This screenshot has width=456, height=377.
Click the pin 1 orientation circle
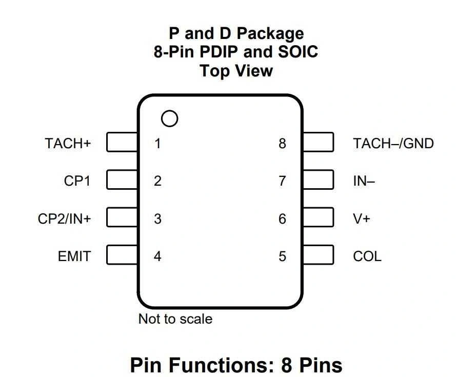[169, 119]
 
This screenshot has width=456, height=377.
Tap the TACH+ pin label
[68, 143]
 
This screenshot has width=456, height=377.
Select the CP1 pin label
[77, 181]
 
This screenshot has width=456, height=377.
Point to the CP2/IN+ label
[64, 219]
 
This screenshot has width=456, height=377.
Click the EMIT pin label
[74, 256]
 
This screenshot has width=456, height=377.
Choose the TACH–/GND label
[393, 143]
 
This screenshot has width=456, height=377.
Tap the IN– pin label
[364, 181]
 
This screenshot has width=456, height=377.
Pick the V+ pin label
[362, 219]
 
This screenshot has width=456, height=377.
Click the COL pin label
[367, 256]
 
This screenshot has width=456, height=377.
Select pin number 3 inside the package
[157, 219]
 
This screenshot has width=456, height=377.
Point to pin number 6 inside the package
[282, 219]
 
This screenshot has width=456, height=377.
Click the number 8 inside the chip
[282, 143]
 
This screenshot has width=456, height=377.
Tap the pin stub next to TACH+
[122, 143]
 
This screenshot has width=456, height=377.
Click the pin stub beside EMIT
[122, 255]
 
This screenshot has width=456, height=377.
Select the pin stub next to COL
[318, 255]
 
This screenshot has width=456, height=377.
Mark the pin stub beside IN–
[318, 180]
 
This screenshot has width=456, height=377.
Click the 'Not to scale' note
[175, 319]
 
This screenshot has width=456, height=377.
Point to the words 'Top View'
[236, 70]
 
